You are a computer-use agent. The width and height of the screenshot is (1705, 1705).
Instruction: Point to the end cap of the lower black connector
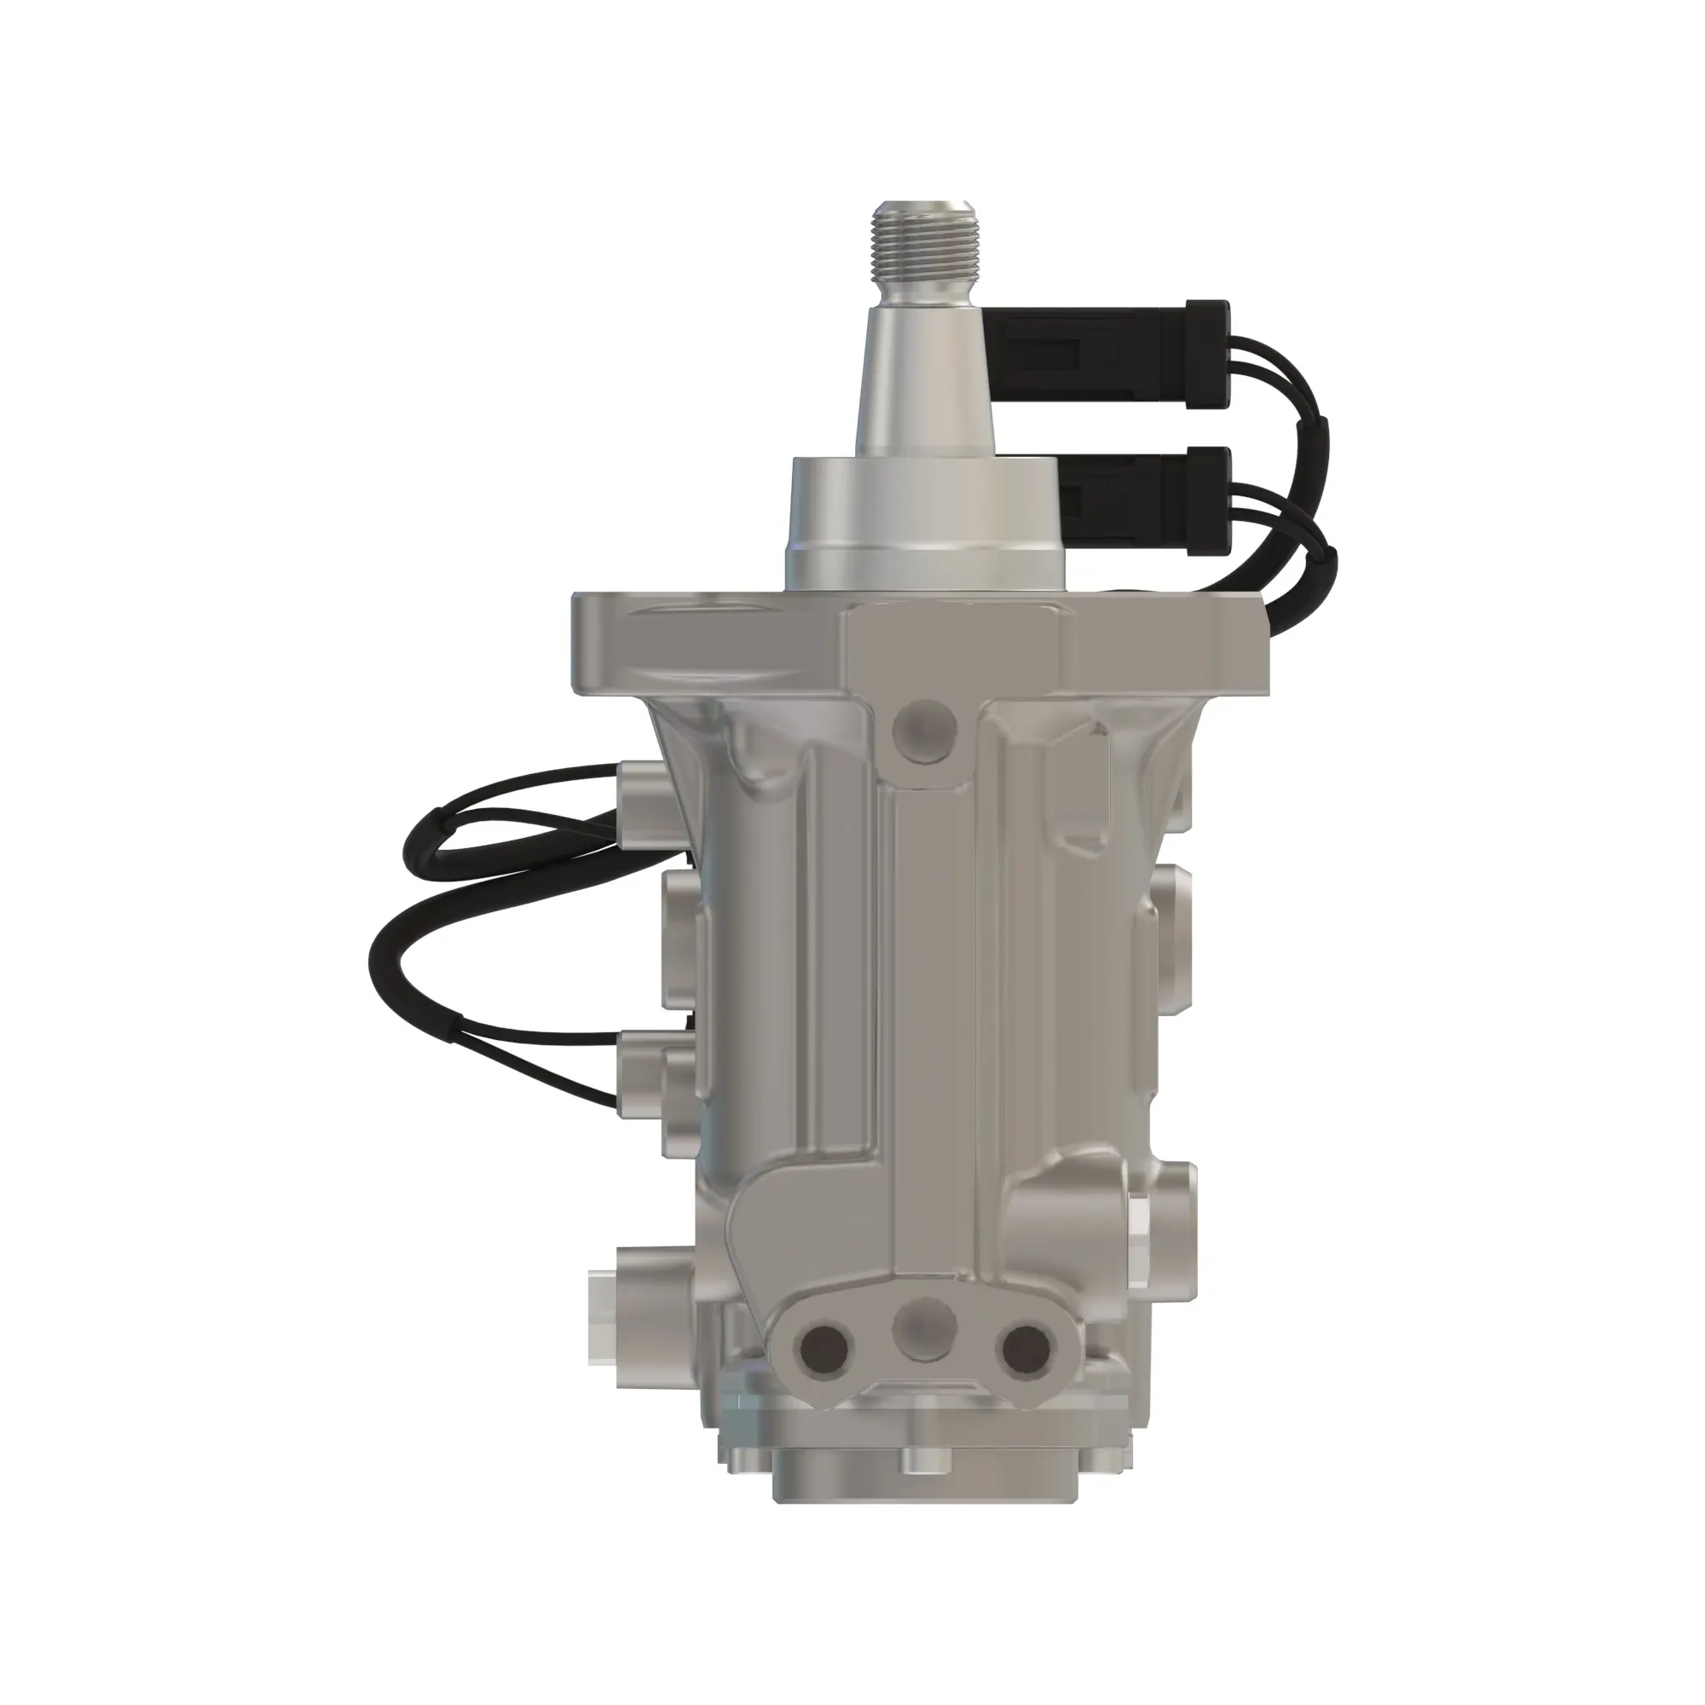(1209, 501)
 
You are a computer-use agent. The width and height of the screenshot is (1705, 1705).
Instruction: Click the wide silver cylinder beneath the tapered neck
(924, 525)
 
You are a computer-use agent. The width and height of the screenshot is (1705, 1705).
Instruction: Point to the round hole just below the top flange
(924, 729)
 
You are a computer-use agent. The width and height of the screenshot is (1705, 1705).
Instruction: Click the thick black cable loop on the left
(388, 953)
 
